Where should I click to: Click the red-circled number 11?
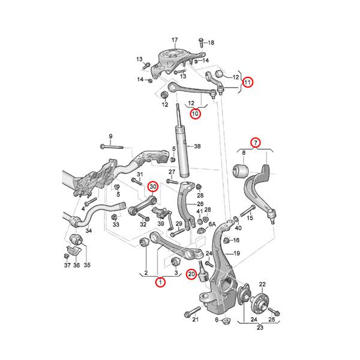click(x=247, y=82)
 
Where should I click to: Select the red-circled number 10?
click(x=195, y=113)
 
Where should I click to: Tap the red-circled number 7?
click(x=256, y=143)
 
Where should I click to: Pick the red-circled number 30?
click(x=153, y=187)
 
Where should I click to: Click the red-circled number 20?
click(x=191, y=274)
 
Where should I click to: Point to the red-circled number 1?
click(x=160, y=282)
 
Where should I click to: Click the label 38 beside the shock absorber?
click(x=197, y=146)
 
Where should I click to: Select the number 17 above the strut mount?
click(x=175, y=40)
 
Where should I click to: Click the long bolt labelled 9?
click(x=112, y=146)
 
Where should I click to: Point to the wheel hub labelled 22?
click(x=260, y=301)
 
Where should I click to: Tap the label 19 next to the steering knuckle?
click(x=236, y=253)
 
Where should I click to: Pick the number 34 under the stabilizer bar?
click(x=88, y=230)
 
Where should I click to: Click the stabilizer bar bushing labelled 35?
click(x=76, y=239)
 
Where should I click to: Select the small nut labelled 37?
click(x=66, y=256)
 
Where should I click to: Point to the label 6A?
click(x=212, y=224)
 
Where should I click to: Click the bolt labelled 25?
click(x=274, y=311)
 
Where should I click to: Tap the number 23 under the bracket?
click(x=260, y=328)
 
